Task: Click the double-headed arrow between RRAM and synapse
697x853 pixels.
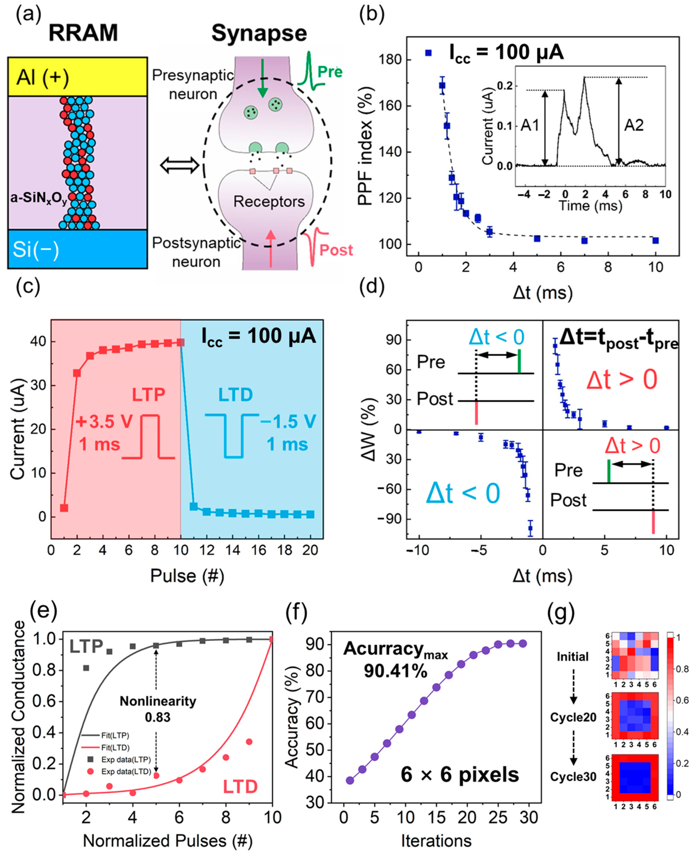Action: [x=179, y=165]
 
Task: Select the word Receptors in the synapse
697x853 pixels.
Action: [x=269, y=201]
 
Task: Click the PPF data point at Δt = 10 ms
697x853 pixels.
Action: [x=656, y=241]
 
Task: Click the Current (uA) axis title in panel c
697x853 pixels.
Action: [x=18, y=429]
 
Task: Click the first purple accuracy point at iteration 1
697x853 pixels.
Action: [x=350, y=780]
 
